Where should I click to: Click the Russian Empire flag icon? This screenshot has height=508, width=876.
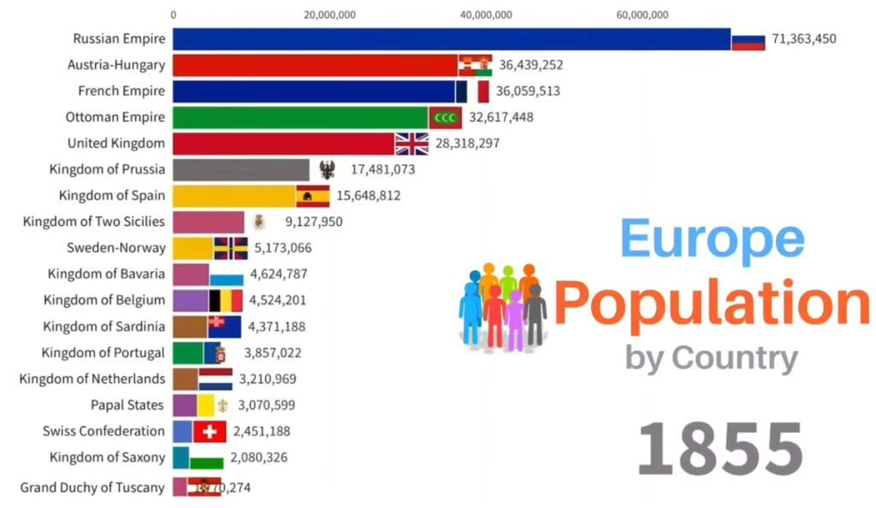pos(748,39)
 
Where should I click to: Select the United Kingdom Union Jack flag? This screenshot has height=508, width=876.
pos(411,144)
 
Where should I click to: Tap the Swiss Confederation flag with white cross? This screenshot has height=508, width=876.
pos(210,432)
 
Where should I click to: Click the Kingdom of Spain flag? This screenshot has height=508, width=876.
pos(312,196)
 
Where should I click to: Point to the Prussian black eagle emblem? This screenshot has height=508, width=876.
pos(327,169)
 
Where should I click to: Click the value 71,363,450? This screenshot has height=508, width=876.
pos(803,39)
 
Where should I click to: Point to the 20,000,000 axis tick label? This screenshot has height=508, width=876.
pos(329,14)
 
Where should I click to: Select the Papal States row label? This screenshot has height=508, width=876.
pos(127,405)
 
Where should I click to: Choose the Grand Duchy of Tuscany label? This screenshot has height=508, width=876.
pos(92,487)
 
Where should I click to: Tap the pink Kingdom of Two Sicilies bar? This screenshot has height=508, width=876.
pos(208,222)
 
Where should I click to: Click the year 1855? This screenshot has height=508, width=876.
pos(720,446)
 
